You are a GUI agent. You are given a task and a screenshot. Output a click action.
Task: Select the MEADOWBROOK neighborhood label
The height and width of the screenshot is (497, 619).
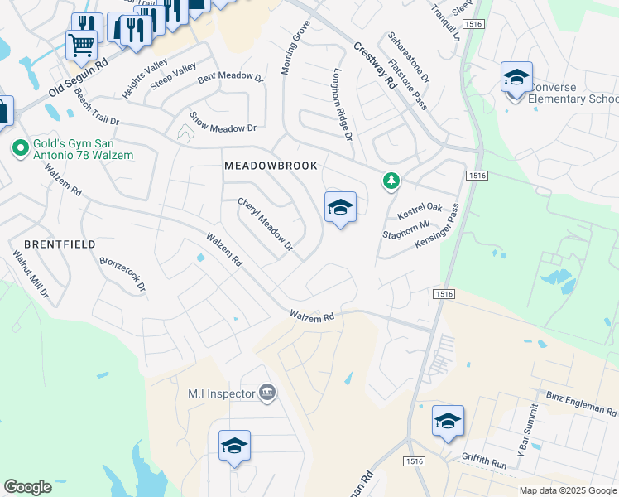pos(271,166)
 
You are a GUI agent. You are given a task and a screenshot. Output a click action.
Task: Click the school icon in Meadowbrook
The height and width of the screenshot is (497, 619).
pos(340,208)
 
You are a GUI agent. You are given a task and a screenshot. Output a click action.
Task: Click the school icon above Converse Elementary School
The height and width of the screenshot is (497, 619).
pos(516,79)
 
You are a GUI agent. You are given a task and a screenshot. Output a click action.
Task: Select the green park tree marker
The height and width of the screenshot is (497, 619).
pos(390,180)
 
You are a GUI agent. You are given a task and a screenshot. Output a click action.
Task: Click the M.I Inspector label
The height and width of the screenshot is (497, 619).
pos(221,393)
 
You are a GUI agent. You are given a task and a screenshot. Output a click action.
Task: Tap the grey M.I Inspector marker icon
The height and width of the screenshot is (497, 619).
pos(267,393)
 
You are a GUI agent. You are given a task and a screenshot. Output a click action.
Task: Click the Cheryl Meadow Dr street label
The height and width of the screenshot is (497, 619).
pos(266,224)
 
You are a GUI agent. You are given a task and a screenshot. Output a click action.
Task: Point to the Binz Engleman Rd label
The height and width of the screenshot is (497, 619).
pos(582,403)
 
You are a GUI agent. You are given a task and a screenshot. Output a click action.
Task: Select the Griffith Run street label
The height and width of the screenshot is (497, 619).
pos(487,465)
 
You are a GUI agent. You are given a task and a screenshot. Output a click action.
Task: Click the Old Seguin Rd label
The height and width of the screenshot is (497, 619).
pos(79,77)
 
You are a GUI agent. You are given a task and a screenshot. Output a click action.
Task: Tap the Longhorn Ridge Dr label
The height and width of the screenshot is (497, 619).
pos(343,104)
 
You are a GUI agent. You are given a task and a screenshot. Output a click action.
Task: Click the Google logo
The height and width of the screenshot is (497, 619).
pos(28,487)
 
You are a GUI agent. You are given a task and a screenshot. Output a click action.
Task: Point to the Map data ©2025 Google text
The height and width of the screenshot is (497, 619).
pos(568,490)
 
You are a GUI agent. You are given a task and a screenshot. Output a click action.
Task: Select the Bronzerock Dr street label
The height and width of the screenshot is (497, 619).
pos(122,274)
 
